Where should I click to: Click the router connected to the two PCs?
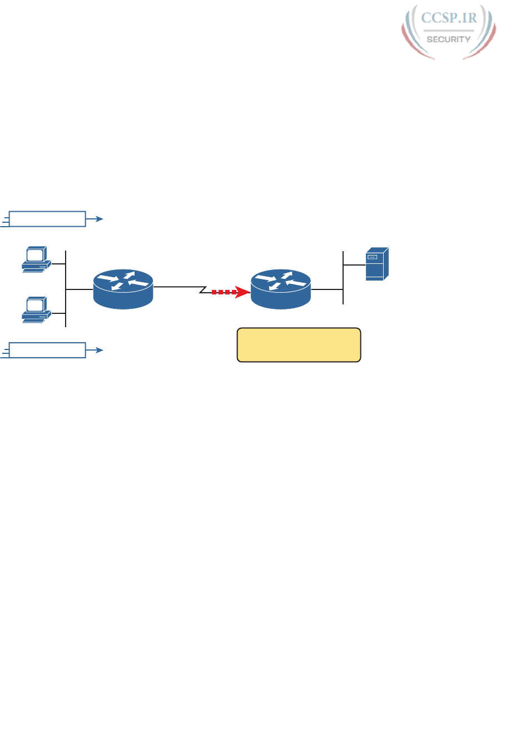click(123, 288)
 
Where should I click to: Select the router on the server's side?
click(281, 288)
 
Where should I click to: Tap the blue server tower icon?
click(376, 264)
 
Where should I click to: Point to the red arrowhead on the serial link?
click(243, 292)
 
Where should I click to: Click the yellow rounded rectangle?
click(299, 345)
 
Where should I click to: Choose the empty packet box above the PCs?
click(48, 219)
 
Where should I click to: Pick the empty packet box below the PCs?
click(48, 351)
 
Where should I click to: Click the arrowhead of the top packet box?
click(100, 219)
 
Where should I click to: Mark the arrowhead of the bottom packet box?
click(100, 351)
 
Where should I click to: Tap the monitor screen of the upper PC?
click(35, 255)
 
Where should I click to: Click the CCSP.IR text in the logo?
click(449, 18)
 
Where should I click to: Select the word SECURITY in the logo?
click(449, 39)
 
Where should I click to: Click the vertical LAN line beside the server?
click(344, 278)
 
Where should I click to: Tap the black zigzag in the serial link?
click(204, 289)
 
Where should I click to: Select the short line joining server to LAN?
click(354, 265)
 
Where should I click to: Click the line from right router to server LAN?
click(328, 289)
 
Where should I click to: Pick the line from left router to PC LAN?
click(80, 289)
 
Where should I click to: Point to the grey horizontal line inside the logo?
click(449, 31)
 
